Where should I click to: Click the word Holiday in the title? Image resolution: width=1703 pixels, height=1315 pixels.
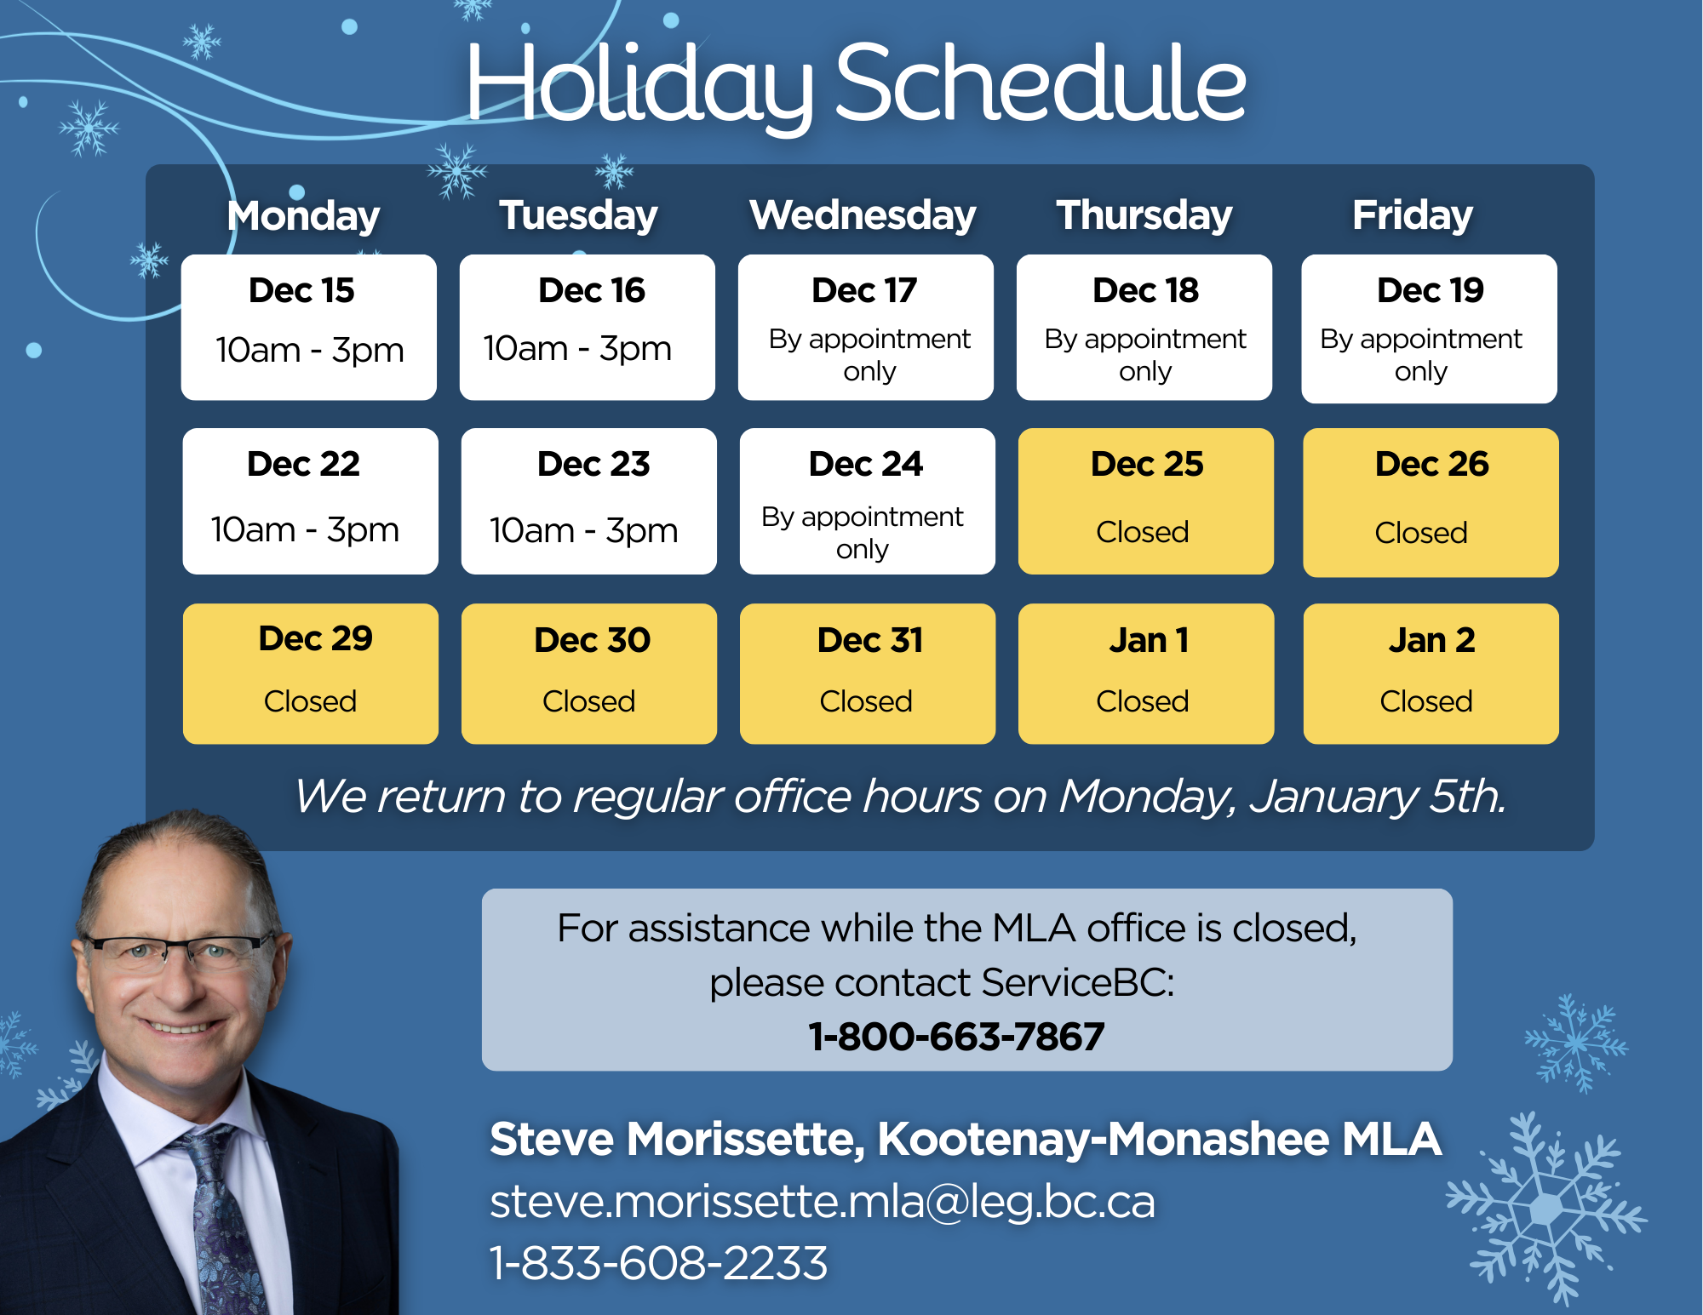click(639, 85)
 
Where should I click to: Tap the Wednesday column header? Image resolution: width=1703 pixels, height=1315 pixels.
click(863, 214)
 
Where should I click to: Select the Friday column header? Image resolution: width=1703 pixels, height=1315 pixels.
click(1413, 214)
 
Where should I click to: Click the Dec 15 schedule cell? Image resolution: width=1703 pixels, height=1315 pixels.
click(309, 328)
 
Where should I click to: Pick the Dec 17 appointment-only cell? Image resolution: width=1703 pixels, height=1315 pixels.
click(866, 328)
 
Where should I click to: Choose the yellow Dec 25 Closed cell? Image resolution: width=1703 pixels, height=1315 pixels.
click(1146, 501)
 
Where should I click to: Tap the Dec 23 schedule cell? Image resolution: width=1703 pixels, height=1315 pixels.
click(589, 501)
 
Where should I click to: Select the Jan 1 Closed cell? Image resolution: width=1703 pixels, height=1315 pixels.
click(1146, 674)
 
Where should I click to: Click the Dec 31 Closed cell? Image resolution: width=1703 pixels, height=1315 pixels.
click(868, 674)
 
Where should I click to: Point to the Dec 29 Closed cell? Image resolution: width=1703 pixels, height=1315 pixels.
click(311, 674)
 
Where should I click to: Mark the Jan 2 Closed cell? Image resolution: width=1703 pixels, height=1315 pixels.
click(1431, 674)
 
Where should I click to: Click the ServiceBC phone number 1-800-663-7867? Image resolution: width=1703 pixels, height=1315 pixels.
click(956, 1037)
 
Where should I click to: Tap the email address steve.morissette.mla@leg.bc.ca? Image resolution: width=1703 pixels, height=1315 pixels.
click(823, 1202)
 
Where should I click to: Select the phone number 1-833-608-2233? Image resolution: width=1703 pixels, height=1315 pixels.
click(659, 1263)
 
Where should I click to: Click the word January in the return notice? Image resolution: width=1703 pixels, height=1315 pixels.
click(1332, 797)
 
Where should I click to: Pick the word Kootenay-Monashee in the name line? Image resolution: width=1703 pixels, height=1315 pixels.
click(1104, 1139)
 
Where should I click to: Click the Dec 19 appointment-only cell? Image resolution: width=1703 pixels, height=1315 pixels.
click(1430, 329)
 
